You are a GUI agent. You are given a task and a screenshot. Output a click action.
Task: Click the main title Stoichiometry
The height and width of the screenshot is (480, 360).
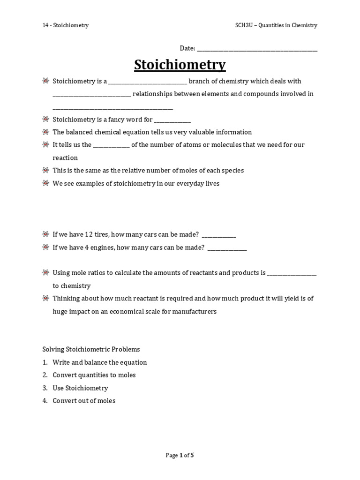180,65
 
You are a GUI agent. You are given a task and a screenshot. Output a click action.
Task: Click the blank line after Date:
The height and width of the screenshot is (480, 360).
257,49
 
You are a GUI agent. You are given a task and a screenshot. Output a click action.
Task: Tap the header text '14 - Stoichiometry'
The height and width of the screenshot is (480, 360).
65,25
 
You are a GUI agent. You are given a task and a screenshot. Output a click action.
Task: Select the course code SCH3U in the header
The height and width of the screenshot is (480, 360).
244,25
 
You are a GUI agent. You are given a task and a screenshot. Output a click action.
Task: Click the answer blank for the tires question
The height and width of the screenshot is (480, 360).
218,235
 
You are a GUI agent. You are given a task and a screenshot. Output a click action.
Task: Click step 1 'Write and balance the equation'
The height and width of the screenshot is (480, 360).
99,362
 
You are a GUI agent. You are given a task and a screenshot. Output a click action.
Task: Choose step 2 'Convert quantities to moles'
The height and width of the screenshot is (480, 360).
94,375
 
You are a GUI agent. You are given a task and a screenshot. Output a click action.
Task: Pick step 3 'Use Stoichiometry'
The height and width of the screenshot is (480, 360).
80,388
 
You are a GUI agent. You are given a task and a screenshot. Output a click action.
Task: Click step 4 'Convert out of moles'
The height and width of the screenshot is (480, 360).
84,401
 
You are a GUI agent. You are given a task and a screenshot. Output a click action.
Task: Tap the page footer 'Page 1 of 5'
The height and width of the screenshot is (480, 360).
180,455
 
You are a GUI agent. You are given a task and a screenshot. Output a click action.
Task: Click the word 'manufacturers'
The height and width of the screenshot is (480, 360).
194,311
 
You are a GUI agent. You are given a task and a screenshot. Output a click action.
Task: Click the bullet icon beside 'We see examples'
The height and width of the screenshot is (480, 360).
45,184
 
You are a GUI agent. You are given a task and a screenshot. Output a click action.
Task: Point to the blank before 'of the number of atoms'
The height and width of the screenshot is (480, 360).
111,146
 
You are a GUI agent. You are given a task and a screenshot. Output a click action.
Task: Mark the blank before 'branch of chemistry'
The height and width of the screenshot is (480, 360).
148,82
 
